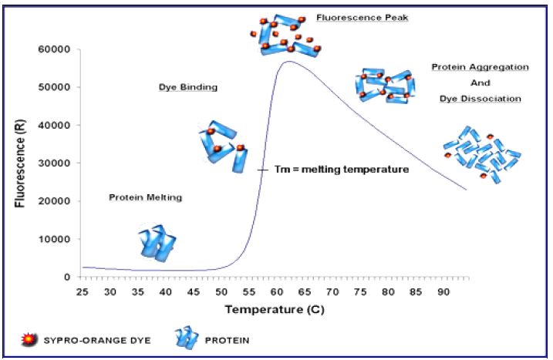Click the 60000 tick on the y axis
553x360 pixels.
click(x=58, y=49)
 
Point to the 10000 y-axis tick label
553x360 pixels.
click(x=58, y=239)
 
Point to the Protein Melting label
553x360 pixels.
click(x=145, y=197)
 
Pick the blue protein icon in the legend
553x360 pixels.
click(x=186, y=337)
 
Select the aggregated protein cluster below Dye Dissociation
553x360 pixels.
click(x=484, y=155)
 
